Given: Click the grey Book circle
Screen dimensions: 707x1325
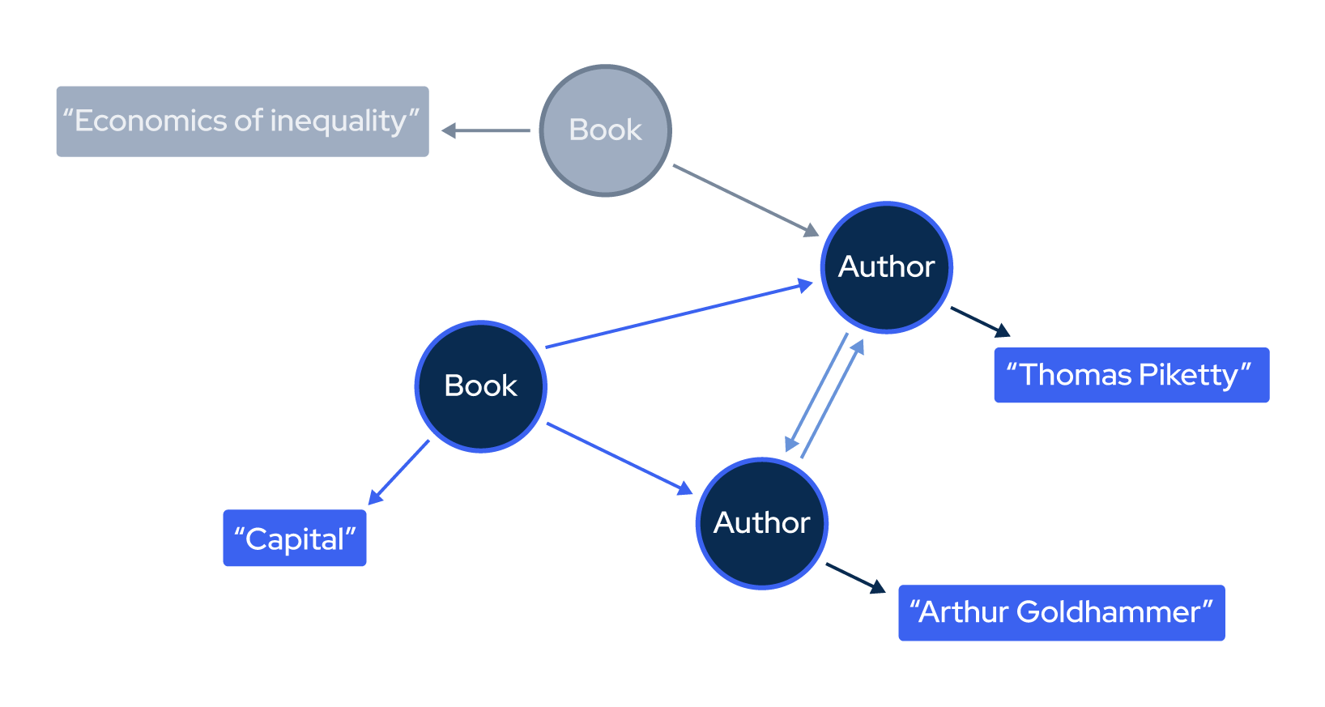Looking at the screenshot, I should [605, 130].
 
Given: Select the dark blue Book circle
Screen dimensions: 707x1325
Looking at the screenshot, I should [480, 386].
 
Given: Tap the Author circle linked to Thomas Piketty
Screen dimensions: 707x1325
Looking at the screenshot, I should [886, 267].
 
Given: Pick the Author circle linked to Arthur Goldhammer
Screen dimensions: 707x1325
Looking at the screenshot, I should [761, 523].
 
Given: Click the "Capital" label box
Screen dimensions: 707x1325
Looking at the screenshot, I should [295, 539].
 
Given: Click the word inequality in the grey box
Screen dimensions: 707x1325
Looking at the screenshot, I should [338, 121].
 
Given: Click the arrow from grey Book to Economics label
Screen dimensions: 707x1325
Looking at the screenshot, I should [486, 130].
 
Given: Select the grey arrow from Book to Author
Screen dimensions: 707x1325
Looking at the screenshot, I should [745, 200].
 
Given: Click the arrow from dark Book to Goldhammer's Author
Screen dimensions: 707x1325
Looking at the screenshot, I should [620, 458].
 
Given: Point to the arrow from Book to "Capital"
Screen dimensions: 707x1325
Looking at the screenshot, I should [399, 472].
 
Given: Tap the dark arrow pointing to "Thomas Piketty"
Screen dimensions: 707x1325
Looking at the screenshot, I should [980, 321].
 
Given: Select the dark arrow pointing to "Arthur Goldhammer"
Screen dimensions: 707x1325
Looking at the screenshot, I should [855, 577].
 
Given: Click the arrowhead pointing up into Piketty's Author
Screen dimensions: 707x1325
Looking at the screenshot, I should [858, 348].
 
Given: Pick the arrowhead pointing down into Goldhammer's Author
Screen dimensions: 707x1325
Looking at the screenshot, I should [791, 444].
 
